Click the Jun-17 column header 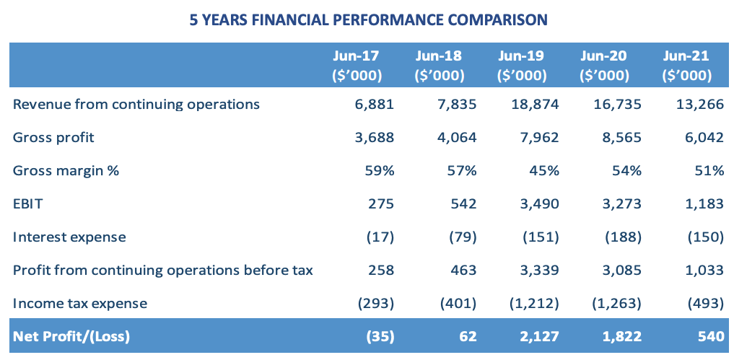356,65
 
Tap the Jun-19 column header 520,65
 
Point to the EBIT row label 29,203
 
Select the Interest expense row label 69,237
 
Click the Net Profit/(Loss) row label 71,335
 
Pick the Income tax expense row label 80,303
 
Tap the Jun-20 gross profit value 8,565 620,137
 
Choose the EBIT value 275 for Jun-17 380,203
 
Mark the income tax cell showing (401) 458,303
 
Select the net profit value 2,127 537,335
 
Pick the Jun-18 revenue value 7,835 457,104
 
